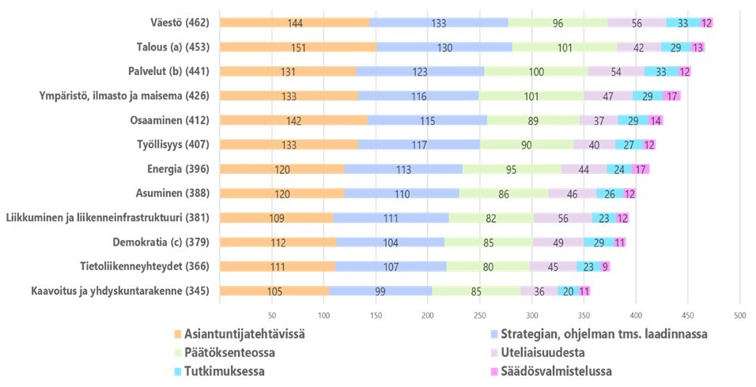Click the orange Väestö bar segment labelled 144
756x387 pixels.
click(x=294, y=23)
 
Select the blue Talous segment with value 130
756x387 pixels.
click(x=444, y=47)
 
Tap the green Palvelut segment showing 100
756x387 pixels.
click(x=536, y=72)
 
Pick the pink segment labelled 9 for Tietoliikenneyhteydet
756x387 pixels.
click(x=605, y=267)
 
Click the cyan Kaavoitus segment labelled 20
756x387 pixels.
click(x=568, y=291)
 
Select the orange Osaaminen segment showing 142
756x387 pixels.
click(x=293, y=121)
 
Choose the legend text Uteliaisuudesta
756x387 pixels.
click(x=542, y=353)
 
